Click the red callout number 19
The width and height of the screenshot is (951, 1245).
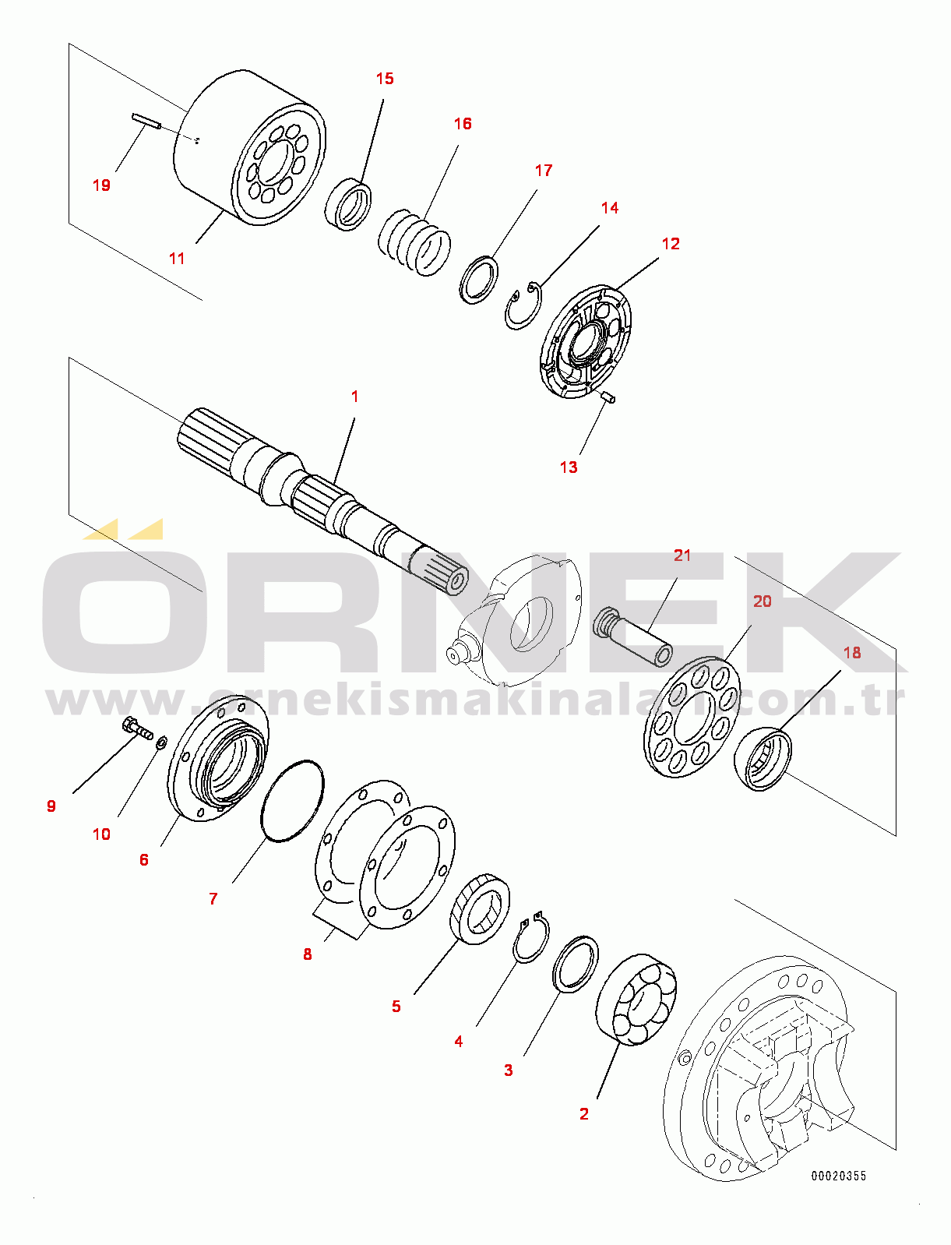click(x=101, y=185)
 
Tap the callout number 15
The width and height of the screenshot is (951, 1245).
click(x=385, y=79)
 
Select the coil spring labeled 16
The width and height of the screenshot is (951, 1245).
click(x=414, y=242)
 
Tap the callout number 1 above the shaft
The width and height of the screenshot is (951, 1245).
click(x=354, y=397)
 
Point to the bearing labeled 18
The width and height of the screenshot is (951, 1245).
click(x=763, y=760)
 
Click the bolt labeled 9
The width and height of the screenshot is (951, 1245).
click(x=137, y=729)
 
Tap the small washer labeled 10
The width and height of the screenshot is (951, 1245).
click(x=161, y=743)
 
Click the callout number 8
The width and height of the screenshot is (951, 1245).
click(x=308, y=954)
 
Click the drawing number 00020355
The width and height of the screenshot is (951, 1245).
click(x=838, y=1176)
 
